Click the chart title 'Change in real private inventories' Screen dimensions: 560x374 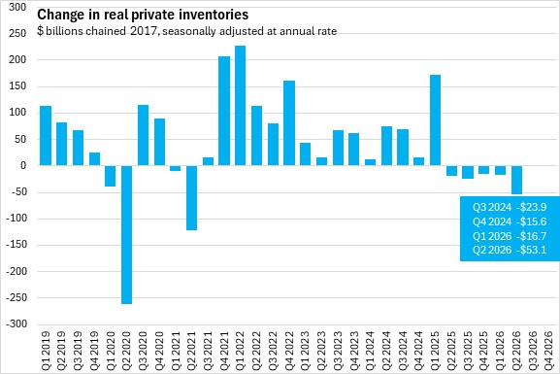(143, 15)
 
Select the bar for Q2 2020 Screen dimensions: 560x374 (126, 234)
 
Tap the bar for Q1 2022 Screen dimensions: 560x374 (240, 106)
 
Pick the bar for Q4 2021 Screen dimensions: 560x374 (224, 111)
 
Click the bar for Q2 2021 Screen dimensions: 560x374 (192, 198)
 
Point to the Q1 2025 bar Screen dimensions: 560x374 (435, 120)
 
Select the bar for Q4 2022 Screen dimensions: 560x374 (289, 123)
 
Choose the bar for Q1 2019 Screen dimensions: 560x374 (46, 136)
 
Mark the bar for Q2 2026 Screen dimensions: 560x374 (516, 180)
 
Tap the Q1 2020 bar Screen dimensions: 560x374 (110, 176)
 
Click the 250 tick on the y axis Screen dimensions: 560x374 (17, 33)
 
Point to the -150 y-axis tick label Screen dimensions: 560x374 (16, 245)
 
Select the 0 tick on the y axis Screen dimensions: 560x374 (23, 165)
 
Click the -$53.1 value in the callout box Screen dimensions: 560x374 (532, 250)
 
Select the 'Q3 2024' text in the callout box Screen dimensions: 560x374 (492, 207)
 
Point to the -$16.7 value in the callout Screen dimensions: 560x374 (532, 236)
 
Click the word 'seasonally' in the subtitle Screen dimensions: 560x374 (189, 31)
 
